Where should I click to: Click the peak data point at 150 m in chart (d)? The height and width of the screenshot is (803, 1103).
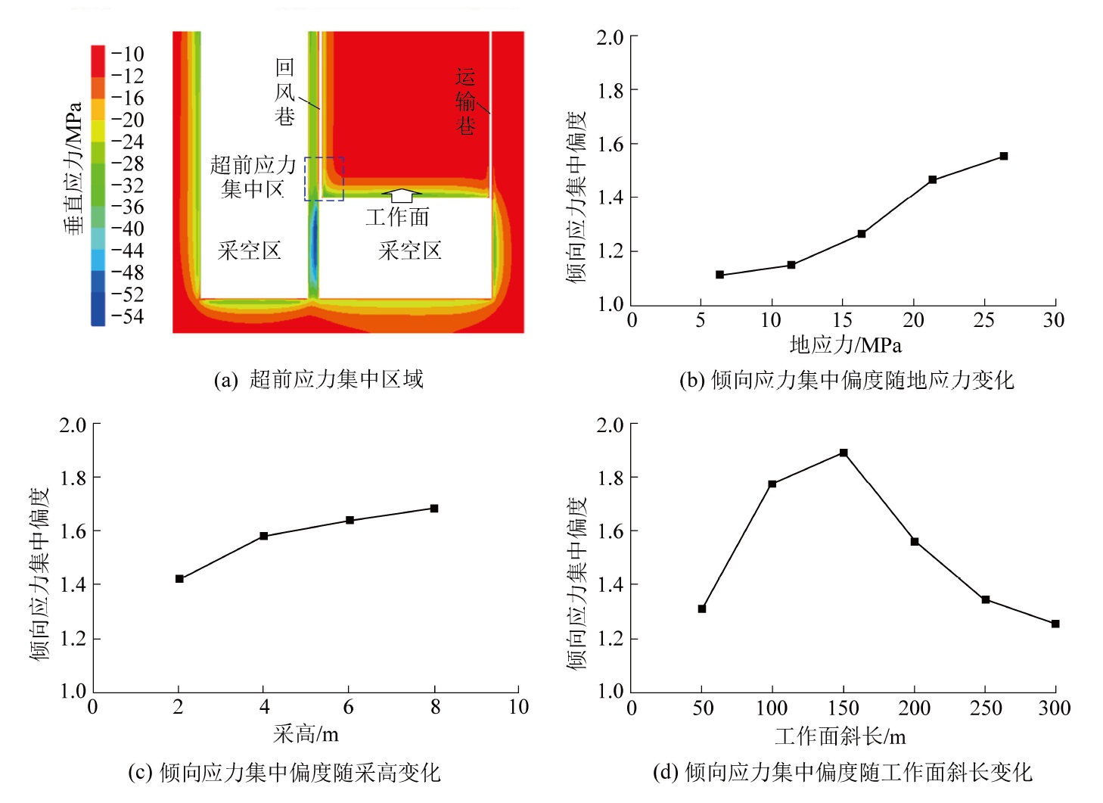tap(844, 453)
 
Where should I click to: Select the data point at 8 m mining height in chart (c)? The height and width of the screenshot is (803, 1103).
tap(434, 509)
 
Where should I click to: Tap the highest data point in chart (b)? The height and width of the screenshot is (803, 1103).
tap(1004, 156)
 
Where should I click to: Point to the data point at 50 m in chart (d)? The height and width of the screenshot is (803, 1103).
tap(702, 608)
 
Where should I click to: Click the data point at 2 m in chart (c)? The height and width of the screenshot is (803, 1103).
tap(179, 579)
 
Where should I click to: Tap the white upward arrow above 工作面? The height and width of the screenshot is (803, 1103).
tap(402, 196)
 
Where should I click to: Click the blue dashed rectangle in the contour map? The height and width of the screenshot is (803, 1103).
tap(325, 179)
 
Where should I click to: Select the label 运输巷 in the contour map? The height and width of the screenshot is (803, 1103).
tap(466, 101)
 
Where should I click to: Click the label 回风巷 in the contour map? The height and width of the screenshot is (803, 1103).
tap(284, 92)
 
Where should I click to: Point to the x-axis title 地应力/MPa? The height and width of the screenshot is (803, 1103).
tap(845, 345)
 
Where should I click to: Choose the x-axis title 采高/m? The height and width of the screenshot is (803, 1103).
tap(306, 733)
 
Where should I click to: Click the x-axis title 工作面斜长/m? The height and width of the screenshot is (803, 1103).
tap(840, 736)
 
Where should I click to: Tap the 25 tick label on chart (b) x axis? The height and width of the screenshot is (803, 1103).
tap(983, 320)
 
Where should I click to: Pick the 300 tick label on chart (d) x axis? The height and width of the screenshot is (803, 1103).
tap(1054, 708)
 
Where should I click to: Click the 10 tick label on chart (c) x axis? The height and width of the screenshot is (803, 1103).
tap(518, 707)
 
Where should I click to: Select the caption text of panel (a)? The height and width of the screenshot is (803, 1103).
tap(318, 379)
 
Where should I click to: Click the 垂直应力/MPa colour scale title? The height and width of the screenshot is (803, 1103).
tap(73, 168)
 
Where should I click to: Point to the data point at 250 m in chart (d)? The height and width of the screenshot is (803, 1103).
tap(985, 599)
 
